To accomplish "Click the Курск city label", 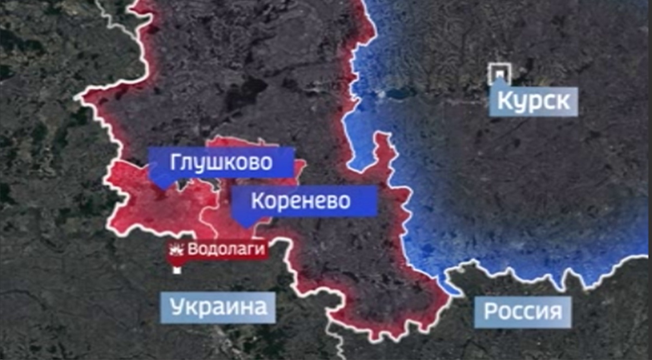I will (534, 102).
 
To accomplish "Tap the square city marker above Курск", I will (499, 72).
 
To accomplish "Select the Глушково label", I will (222, 162).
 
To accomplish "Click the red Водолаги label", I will (227, 250).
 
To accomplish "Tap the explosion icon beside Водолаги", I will (177, 250).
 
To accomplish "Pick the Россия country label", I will (523, 312).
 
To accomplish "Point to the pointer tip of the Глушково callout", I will (162, 187).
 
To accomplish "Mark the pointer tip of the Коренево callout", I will (246, 226).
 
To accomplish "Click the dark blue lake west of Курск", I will (401, 93).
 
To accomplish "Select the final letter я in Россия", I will (555, 312).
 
